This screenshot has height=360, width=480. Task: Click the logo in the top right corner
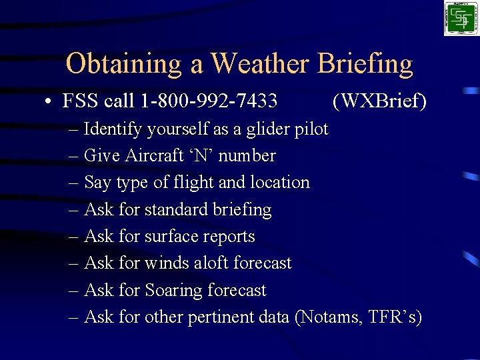(x=461, y=18)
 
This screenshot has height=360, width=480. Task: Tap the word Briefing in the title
(x=365, y=64)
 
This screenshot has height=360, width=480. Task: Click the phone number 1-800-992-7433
(x=209, y=101)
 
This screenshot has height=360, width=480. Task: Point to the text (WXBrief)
(x=379, y=101)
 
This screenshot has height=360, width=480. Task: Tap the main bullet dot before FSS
(x=49, y=102)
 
